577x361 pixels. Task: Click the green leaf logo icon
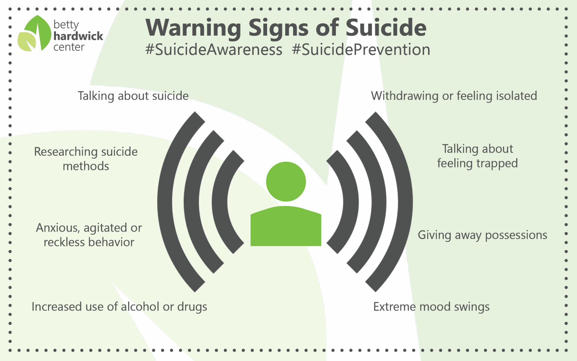click(35, 34)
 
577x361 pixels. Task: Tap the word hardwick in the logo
click(78, 36)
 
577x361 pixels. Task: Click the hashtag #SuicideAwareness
click(214, 50)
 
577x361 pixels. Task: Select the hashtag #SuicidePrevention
click(361, 50)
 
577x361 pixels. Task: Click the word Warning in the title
click(193, 28)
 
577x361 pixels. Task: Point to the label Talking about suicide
click(133, 96)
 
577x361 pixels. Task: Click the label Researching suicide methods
click(86, 159)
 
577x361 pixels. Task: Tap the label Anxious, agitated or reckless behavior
click(89, 235)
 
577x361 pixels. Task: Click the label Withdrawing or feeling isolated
click(454, 96)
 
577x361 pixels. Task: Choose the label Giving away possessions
click(482, 235)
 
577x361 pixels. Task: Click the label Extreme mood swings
click(431, 307)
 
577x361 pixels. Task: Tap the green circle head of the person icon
click(286, 182)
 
